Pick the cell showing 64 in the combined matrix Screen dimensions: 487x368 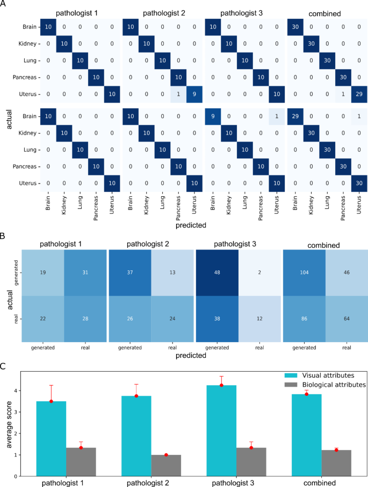[x=347, y=318]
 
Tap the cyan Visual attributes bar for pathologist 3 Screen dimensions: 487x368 [x=221, y=429]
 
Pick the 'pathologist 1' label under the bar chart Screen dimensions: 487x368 [x=66, y=483]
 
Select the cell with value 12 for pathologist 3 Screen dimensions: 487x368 [x=260, y=318]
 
